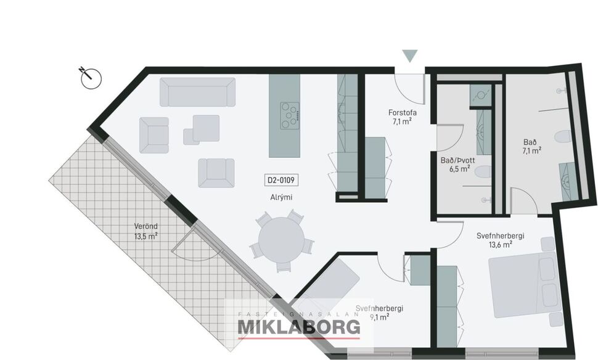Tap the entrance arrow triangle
[410, 56]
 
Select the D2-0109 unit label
[281, 181]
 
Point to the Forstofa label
[403, 113]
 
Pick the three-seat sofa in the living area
[197, 92]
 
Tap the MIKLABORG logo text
[298, 327]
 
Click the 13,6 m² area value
[500, 244]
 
